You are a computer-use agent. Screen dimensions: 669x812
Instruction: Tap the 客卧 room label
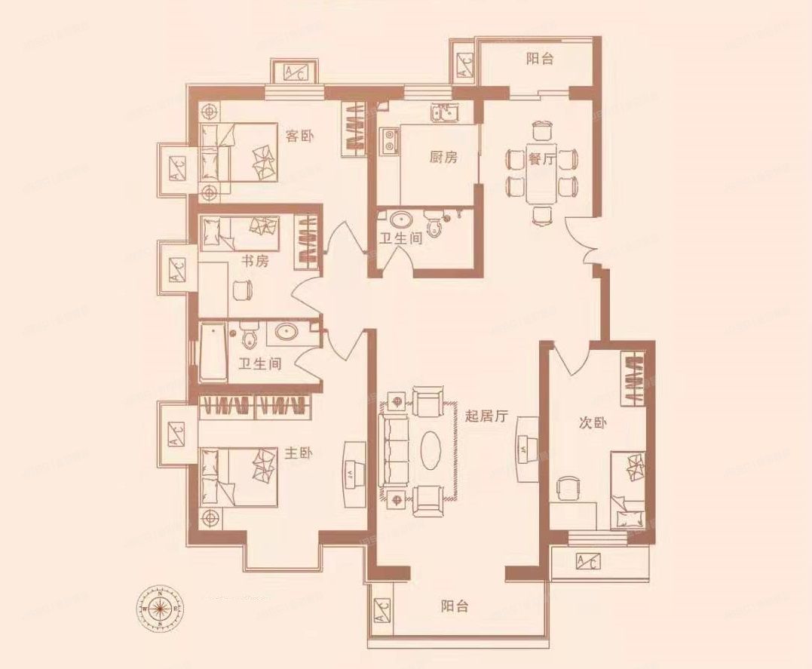[x=300, y=136]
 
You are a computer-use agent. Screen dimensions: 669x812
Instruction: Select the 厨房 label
[x=444, y=157]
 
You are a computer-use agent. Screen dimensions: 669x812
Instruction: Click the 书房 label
[x=254, y=261]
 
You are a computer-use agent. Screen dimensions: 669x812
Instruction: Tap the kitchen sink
[x=444, y=114]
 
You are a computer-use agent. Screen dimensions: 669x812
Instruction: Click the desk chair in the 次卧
[x=565, y=488]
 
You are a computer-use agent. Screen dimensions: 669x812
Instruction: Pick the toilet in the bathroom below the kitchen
[x=434, y=225]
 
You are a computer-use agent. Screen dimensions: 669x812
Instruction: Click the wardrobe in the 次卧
[x=632, y=375]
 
